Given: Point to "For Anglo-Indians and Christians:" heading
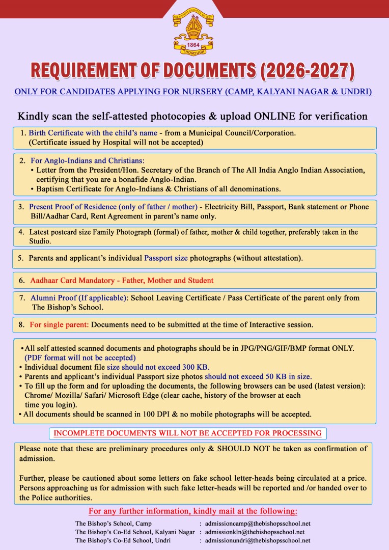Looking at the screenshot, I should point(88,160).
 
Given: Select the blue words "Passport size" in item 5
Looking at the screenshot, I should point(166,258).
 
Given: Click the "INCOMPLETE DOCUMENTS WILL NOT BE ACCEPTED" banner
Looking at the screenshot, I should point(187,433).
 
